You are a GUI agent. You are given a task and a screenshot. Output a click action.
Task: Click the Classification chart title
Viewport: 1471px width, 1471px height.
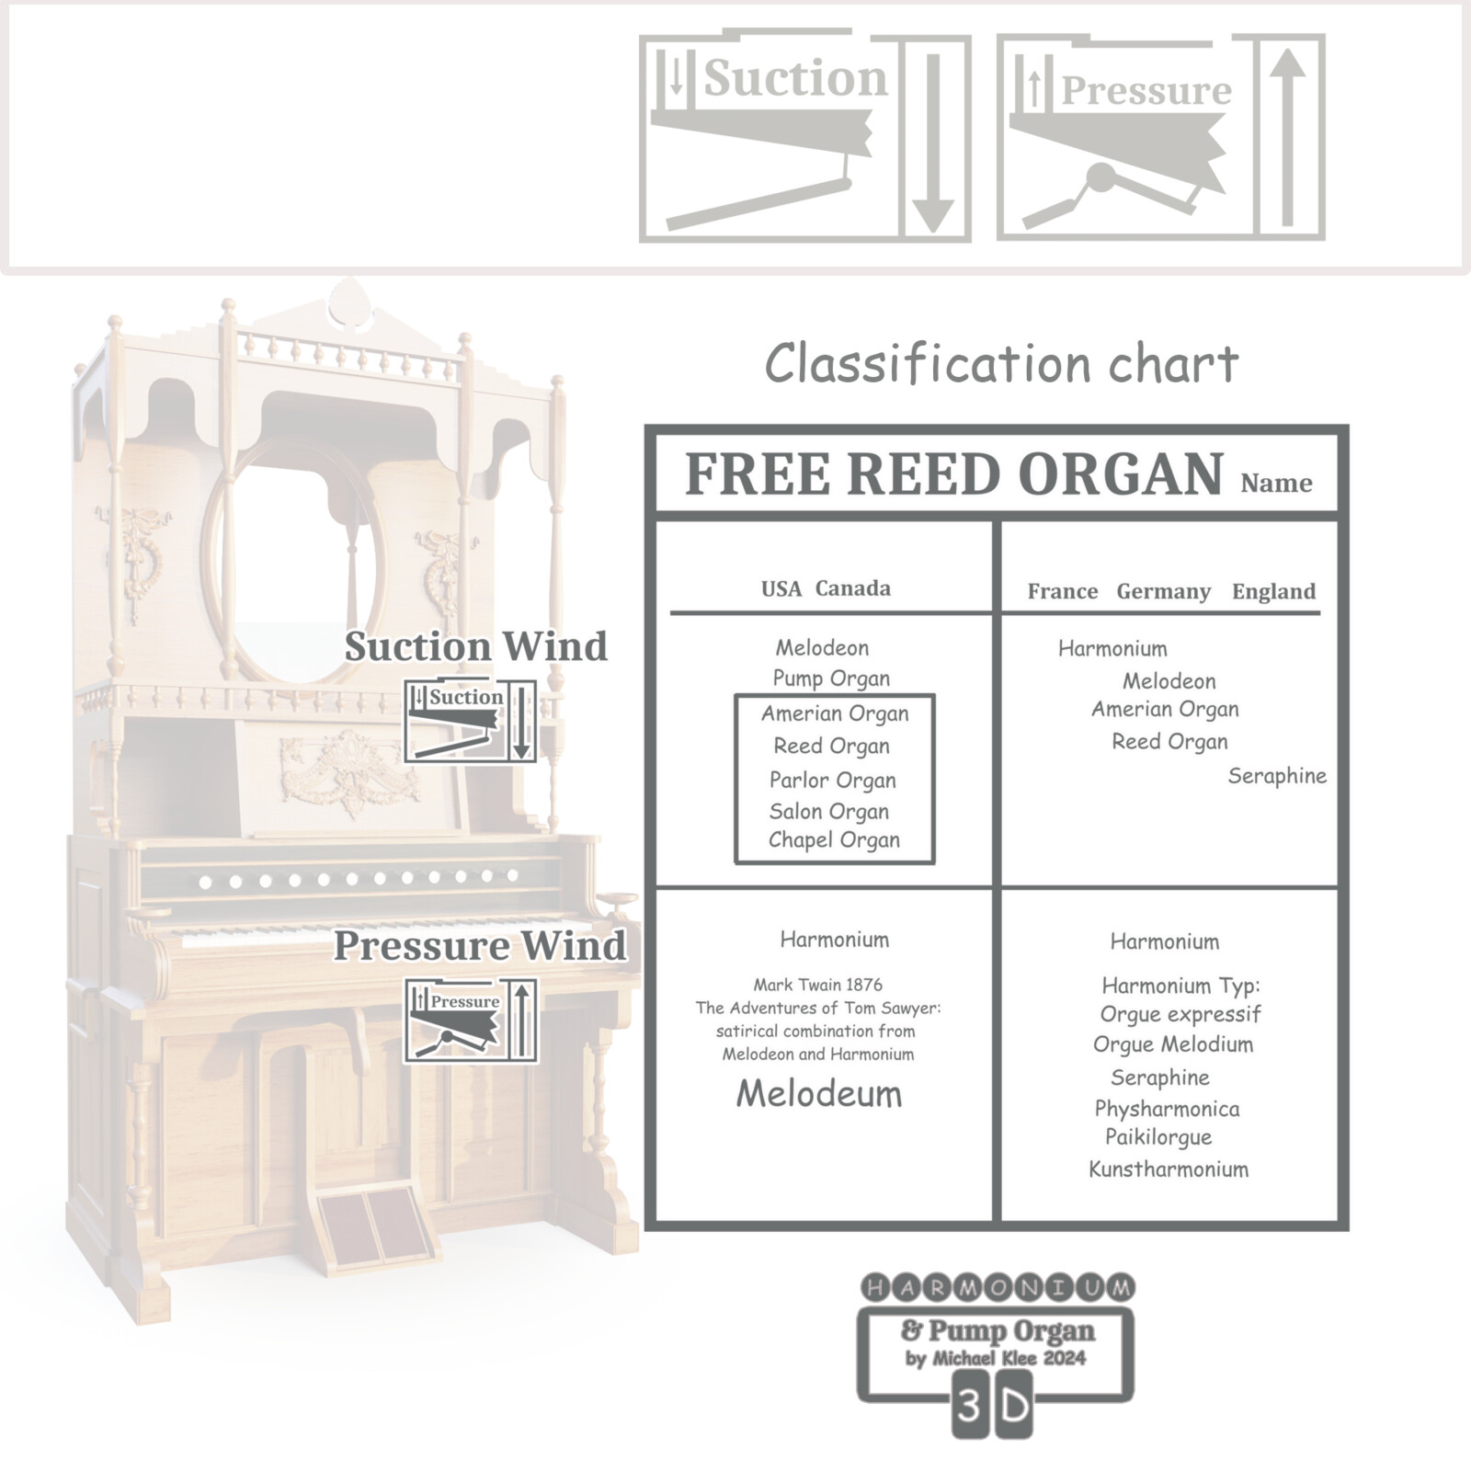[1001, 363]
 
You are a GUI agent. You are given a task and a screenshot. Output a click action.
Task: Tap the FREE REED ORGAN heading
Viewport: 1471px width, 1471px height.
[954, 474]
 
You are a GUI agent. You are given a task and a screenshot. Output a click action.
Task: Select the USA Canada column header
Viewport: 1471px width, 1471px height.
[826, 588]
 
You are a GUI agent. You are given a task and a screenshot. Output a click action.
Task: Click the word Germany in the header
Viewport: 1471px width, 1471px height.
[1163, 591]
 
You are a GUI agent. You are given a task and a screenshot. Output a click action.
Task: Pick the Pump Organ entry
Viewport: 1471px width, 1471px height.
[831, 678]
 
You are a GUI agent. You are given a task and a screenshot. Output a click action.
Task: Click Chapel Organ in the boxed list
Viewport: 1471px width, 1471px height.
[834, 840]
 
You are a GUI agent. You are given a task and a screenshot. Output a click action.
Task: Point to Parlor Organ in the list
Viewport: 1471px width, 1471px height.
[832, 781]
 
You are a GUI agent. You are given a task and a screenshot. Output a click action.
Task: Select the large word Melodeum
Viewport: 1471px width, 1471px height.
[819, 1093]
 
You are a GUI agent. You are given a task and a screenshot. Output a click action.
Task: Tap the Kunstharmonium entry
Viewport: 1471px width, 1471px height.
[1169, 1169]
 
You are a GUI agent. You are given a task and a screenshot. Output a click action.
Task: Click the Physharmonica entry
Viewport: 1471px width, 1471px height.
[1167, 1109]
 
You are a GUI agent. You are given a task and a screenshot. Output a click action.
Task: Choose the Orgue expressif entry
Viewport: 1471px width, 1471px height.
[1180, 1015]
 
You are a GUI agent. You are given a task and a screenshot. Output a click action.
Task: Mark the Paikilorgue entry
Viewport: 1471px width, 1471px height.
[1158, 1137]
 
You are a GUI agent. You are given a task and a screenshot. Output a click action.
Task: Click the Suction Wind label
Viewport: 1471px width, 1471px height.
[475, 646]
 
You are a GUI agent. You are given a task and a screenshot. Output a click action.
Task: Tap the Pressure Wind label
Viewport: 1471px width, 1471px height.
[479, 946]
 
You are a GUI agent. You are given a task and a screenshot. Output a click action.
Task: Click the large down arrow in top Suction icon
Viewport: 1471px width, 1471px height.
[934, 143]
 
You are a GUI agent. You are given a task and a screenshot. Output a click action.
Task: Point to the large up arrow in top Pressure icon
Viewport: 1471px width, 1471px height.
[1288, 137]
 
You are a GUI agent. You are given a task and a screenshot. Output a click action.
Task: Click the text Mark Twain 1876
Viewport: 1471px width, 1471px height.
[817, 985]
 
